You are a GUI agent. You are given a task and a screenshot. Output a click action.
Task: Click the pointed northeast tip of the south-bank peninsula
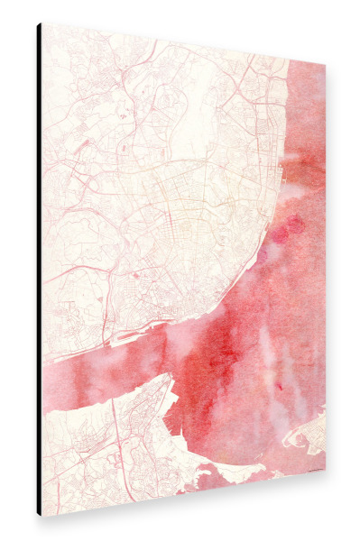170,377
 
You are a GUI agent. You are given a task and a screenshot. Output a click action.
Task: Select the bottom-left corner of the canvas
39,515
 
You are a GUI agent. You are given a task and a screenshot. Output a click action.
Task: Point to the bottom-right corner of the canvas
325,474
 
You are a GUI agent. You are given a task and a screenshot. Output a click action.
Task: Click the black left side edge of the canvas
39,270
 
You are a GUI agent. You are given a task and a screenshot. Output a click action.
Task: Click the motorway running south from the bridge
117,433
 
